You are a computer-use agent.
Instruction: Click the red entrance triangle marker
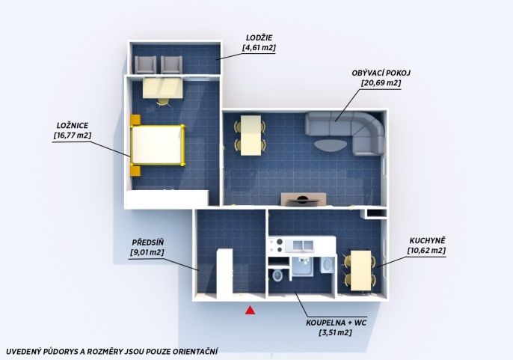pyautogui.click(x=251, y=310)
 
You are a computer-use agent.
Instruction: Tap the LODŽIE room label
pyautogui.click(x=259, y=38)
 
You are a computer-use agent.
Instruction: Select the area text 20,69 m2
pyautogui.click(x=381, y=83)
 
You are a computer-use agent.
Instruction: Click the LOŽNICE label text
pyautogui.click(x=73, y=126)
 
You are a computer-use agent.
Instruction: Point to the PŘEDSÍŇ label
pyautogui.click(x=148, y=242)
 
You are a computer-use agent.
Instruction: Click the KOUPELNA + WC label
pyautogui.click(x=336, y=323)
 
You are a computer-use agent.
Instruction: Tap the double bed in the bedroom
pyautogui.click(x=158, y=144)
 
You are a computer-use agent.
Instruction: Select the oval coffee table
pyautogui.click(x=330, y=144)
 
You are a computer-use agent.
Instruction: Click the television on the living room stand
pyautogui.click(x=304, y=200)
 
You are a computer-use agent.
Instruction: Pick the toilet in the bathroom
pyautogui.click(x=277, y=275)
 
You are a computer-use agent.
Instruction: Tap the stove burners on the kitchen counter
pyautogui.click(x=276, y=245)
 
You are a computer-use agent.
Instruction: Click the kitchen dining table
pyautogui.click(x=360, y=271)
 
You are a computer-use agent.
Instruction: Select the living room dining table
pyautogui.click(x=251, y=135)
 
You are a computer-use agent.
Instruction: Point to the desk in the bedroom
pyautogui.click(x=162, y=88)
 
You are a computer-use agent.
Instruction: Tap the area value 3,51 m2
pyautogui.click(x=335, y=333)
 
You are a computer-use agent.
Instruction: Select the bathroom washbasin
pyautogui.click(x=326, y=265)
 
